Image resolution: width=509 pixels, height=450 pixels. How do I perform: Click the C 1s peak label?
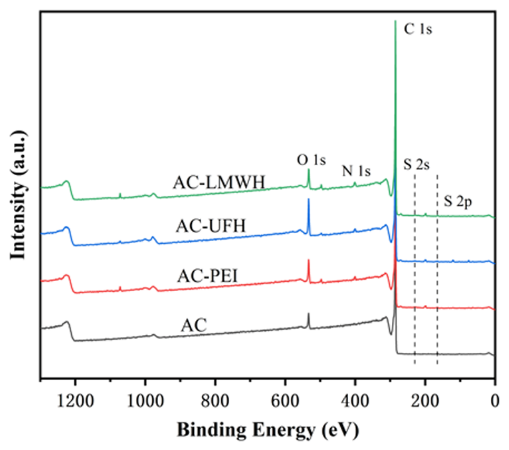coord(418,29)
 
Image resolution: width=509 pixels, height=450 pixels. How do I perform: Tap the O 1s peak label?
coord(311,160)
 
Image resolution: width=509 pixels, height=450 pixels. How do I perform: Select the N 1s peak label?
coord(356,171)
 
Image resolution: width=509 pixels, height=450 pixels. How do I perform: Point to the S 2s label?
coord(416,164)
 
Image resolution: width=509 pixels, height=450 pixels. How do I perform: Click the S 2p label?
coord(458,202)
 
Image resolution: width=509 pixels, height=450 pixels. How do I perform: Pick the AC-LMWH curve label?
coord(219,182)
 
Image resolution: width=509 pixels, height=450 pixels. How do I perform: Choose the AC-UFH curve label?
coord(210,226)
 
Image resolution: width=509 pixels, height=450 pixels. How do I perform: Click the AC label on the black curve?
coord(194,325)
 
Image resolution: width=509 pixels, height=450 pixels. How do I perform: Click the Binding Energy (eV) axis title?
coord(268,430)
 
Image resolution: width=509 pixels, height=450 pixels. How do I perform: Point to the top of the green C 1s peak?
coord(395,21)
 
